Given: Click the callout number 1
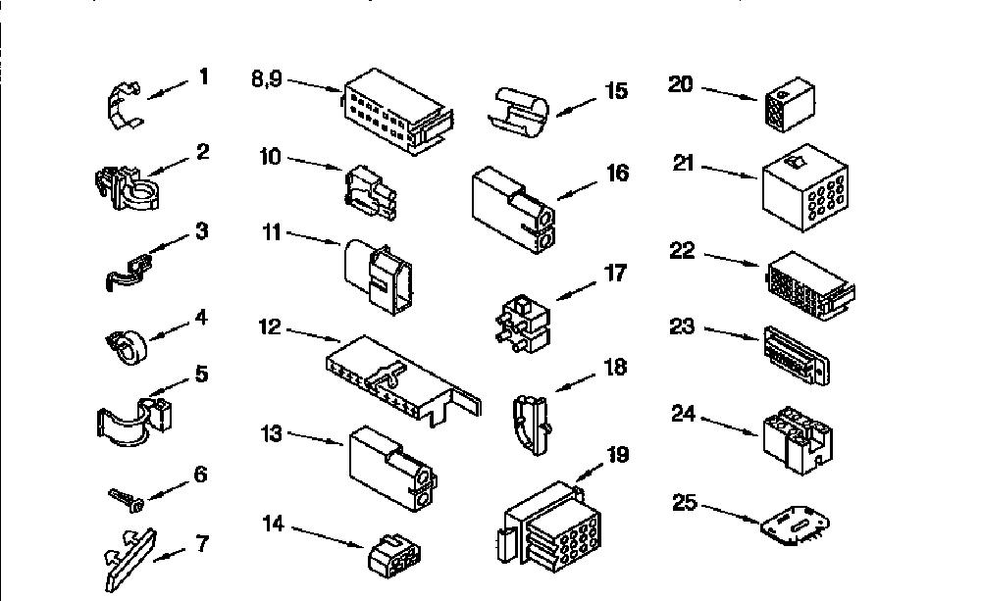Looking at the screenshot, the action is point(203,76).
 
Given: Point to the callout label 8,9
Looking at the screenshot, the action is point(267,79).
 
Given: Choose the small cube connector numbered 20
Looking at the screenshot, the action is point(790,104).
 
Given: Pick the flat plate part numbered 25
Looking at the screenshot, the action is point(796,524).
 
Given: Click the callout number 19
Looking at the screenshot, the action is point(617,455).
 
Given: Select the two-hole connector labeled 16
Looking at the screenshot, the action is point(513,210).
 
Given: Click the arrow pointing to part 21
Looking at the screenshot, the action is point(730,172).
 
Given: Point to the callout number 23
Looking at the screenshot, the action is point(682,326).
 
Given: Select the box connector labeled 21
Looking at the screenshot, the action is point(805,187).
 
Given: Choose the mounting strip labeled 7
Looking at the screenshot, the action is point(129,559).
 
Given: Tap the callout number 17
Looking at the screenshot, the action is point(616,273).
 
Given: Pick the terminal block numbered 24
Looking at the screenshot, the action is point(798,439).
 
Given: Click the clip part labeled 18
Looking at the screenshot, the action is point(532,424).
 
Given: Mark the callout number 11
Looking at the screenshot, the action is point(271,232).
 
